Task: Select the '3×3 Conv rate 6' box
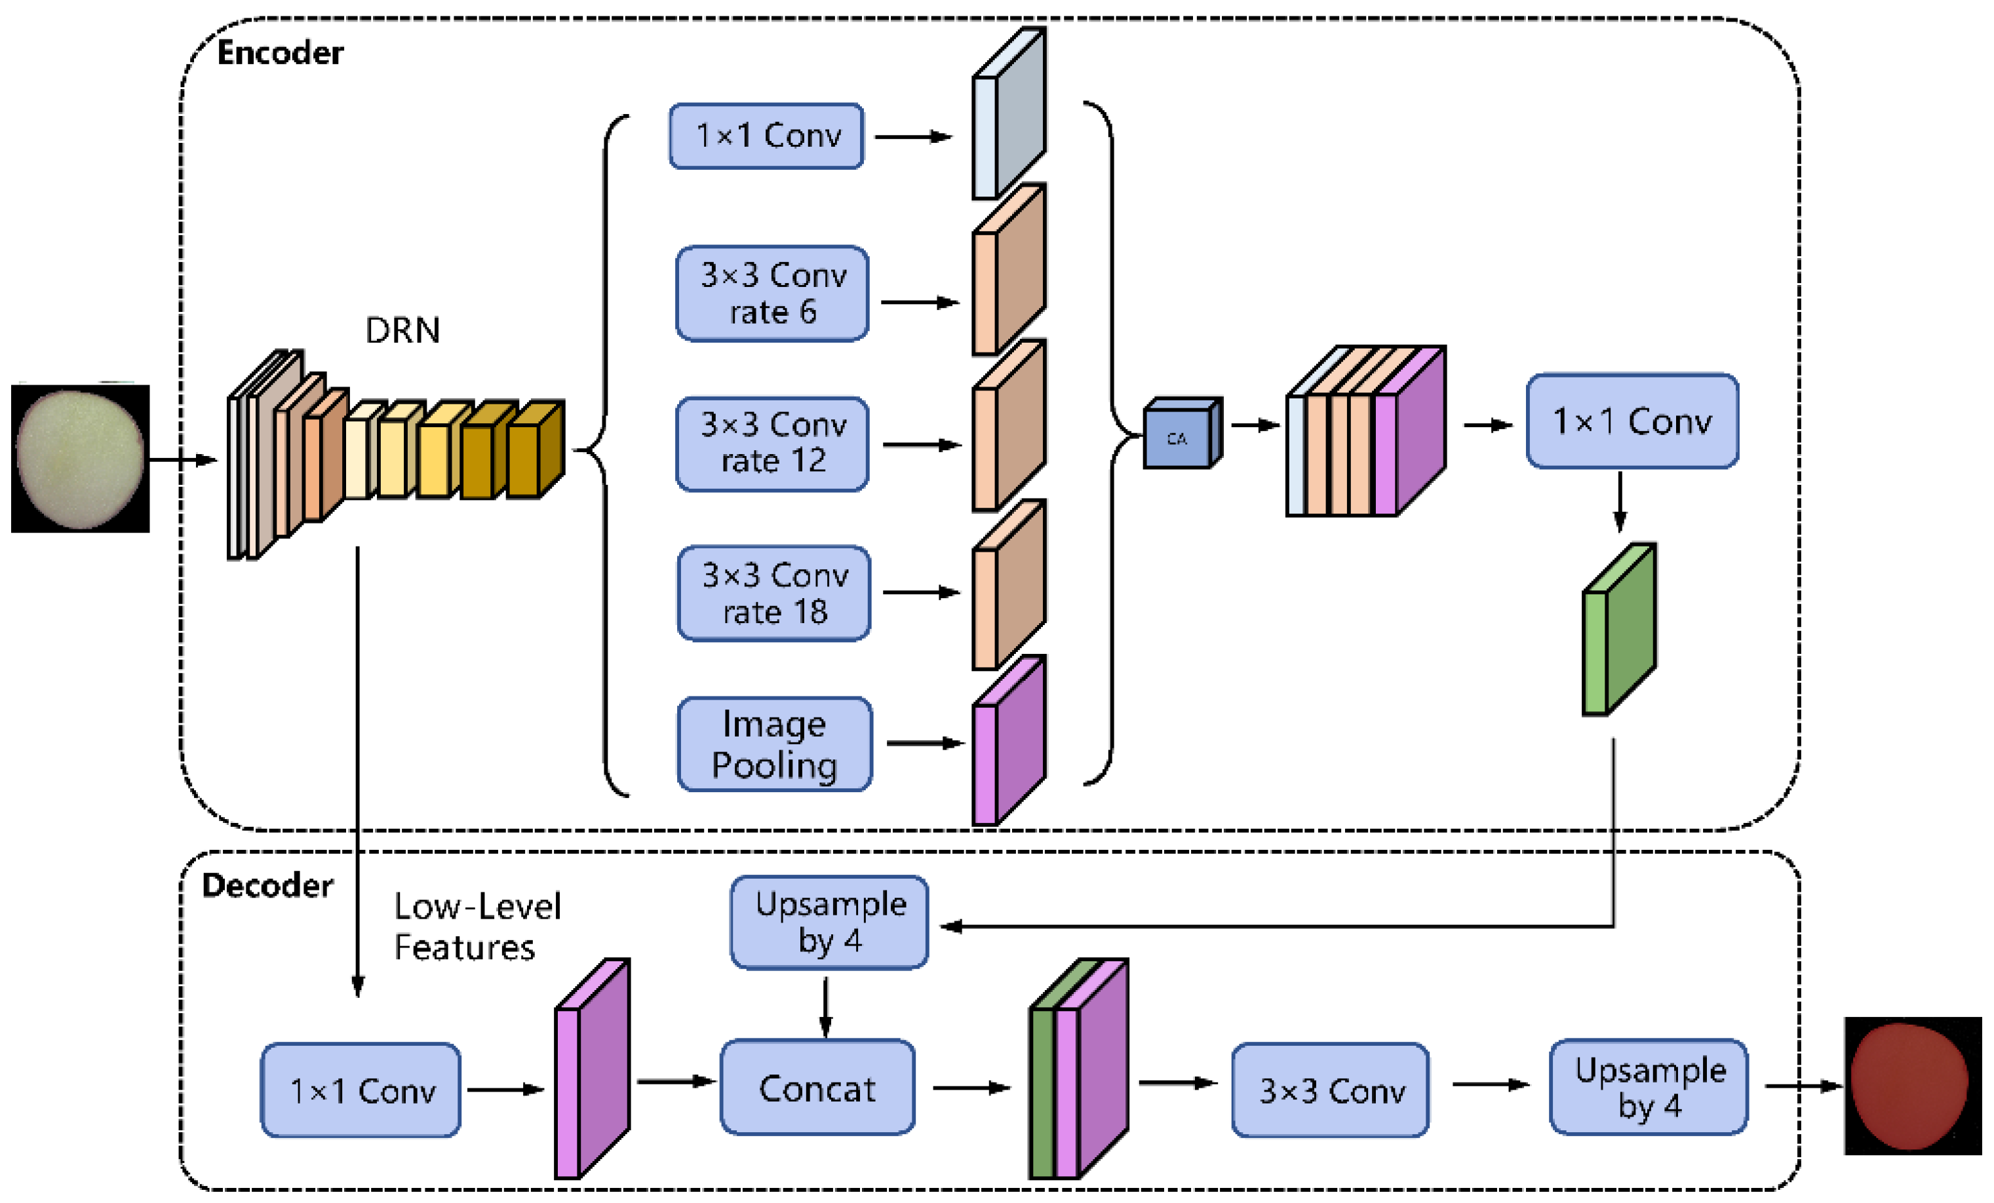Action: click(772, 294)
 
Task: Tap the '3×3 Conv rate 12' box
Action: click(772, 444)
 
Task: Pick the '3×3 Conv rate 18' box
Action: click(773, 593)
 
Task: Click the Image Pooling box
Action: click(774, 744)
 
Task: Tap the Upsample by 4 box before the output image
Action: click(1649, 1086)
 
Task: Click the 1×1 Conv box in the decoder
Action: click(361, 1090)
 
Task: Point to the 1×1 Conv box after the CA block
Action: click(1632, 421)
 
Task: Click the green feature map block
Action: click(1618, 631)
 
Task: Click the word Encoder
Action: click(280, 52)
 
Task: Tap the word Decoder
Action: click(267, 885)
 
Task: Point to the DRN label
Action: click(402, 330)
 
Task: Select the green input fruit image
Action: click(80, 458)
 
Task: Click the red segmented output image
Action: click(1911, 1085)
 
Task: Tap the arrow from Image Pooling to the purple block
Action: click(924, 742)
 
